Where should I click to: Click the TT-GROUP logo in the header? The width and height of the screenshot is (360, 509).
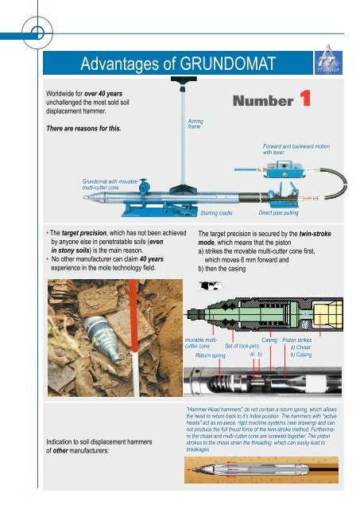click(x=328, y=61)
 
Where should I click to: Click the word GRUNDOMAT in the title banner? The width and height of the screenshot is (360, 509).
click(x=227, y=64)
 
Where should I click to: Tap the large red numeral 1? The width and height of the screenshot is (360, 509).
click(x=305, y=99)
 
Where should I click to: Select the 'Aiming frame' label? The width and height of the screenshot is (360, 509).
click(x=195, y=124)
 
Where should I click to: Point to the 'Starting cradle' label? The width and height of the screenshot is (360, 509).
click(x=216, y=213)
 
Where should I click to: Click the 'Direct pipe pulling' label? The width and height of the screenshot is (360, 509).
click(x=278, y=213)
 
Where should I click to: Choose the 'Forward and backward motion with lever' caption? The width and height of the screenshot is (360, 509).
click(x=296, y=149)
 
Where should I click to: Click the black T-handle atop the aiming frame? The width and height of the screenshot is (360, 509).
click(x=184, y=80)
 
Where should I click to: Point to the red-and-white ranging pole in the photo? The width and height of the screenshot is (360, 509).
click(x=134, y=337)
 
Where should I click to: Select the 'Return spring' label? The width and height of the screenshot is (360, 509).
click(x=210, y=356)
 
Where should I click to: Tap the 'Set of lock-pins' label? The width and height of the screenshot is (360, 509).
click(x=242, y=346)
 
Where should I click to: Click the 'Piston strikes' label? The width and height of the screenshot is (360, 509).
click(x=296, y=340)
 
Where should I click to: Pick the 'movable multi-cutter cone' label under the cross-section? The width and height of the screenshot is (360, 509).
click(x=200, y=343)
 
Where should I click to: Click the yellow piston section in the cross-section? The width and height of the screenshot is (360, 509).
click(x=327, y=314)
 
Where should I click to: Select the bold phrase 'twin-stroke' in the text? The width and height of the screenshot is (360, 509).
click(x=315, y=234)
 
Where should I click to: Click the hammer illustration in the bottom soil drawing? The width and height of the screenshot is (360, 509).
click(x=254, y=470)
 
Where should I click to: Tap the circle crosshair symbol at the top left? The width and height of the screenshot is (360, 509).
click(x=37, y=33)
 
